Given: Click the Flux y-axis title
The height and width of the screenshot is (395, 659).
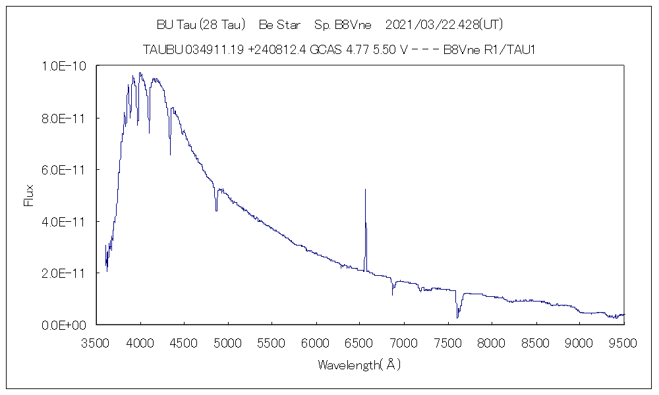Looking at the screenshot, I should tap(29, 196).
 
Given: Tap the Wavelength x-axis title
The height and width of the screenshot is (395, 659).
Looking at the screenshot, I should tap(359, 364).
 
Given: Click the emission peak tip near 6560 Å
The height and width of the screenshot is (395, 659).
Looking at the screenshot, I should tap(365, 190).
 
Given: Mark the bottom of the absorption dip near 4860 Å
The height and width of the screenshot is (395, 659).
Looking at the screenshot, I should tap(216, 210).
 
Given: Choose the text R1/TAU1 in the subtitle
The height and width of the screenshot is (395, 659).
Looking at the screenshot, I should tap(508, 50).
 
